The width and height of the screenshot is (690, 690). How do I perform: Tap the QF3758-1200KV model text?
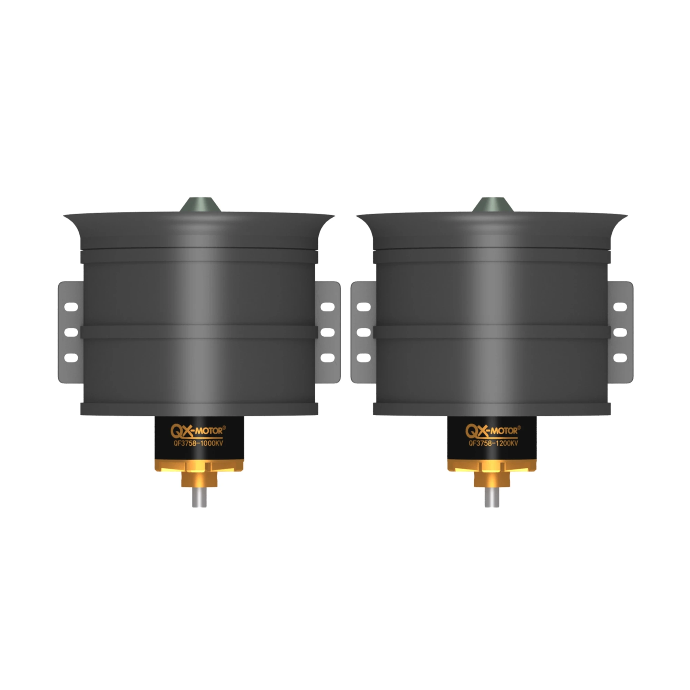coord(493,444)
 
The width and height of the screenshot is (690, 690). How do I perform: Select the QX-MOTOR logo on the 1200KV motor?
coord(492,431)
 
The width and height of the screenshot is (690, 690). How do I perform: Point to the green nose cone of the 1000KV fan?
coord(200,206)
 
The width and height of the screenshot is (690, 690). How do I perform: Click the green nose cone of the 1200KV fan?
coord(493,206)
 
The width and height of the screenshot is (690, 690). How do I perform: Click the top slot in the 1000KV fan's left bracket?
coord(71,307)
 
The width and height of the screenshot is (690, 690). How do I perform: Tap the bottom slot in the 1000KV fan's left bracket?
coord(71,357)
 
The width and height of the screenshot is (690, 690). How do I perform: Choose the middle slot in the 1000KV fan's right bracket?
coord(327,332)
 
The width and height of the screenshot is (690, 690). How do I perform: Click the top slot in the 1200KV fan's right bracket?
coord(620,307)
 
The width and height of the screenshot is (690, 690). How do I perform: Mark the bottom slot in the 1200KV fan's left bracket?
coord(364,357)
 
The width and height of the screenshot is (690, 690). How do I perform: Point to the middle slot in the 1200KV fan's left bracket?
coord(364,332)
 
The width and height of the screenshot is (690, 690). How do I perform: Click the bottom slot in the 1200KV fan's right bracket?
coord(620,357)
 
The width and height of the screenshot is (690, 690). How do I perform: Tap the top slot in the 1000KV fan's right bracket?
coord(327,307)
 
